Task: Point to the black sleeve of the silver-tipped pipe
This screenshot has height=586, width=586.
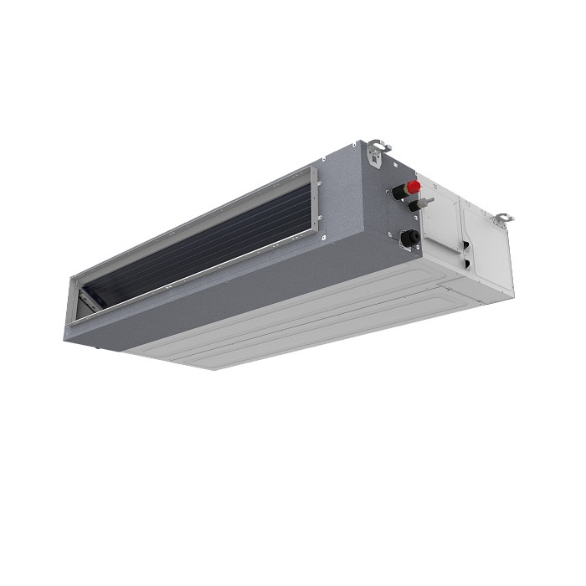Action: (413, 205)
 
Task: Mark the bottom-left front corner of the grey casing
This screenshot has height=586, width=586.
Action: (66, 338)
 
